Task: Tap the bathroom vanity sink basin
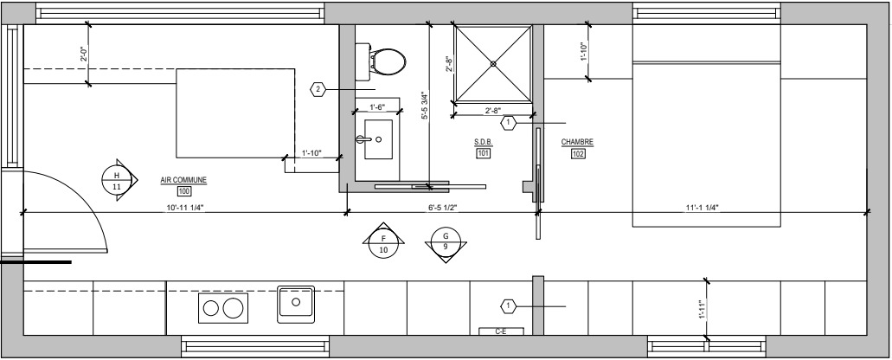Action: [378, 139]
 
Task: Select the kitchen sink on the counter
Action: [296, 305]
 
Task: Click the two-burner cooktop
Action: [223, 308]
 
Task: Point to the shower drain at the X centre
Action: [493, 64]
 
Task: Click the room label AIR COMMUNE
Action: [183, 181]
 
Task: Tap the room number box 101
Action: [483, 153]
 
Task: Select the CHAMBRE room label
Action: [577, 142]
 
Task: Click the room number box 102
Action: [578, 153]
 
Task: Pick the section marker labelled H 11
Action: [117, 180]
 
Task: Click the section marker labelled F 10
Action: [383, 242]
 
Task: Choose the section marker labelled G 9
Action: [446, 241]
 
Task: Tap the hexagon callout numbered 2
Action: [318, 89]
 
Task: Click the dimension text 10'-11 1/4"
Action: [184, 208]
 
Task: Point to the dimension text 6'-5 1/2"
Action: [443, 208]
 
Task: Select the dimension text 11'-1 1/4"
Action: [702, 208]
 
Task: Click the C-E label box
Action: [501, 331]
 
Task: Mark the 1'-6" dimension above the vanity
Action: [377, 107]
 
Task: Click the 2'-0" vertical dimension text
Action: [83, 54]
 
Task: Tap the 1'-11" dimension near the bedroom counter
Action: [702, 311]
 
